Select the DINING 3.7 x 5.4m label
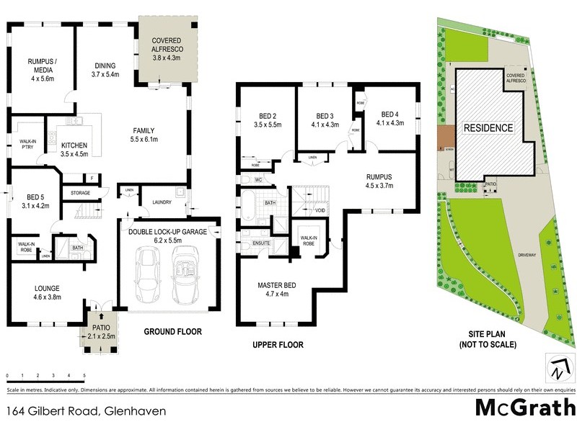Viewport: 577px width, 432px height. coord(105,71)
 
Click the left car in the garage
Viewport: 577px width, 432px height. coord(149,276)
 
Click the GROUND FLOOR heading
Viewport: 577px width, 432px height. coord(172,332)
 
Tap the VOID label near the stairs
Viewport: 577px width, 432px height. coord(320,210)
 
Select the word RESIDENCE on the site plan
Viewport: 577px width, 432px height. coord(488,128)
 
